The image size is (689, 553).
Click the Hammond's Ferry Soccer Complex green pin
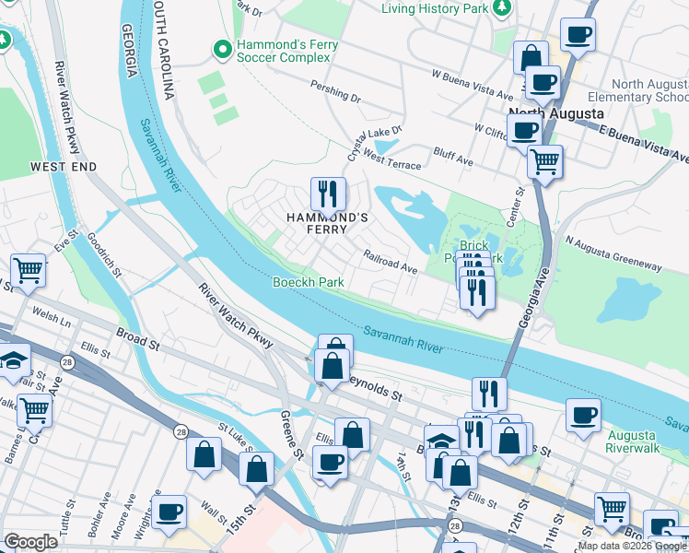pos(221,48)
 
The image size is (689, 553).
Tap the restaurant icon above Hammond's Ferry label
pos(328,194)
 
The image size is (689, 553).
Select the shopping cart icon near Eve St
pos(29,270)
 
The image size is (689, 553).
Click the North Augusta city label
pos(556,113)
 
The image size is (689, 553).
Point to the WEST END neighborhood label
pos(63,167)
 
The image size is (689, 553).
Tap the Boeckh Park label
pos(308,281)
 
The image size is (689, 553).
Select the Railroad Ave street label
pos(391,264)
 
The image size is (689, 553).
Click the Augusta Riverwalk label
pos(631,441)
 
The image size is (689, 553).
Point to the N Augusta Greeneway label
pos(613,254)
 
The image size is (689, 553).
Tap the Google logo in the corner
pos(31,541)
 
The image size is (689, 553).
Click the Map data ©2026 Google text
pos(632,546)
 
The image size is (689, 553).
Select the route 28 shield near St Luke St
pos(178,430)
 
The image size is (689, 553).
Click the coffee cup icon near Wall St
pos(169,512)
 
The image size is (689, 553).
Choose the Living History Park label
pos(435,8)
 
